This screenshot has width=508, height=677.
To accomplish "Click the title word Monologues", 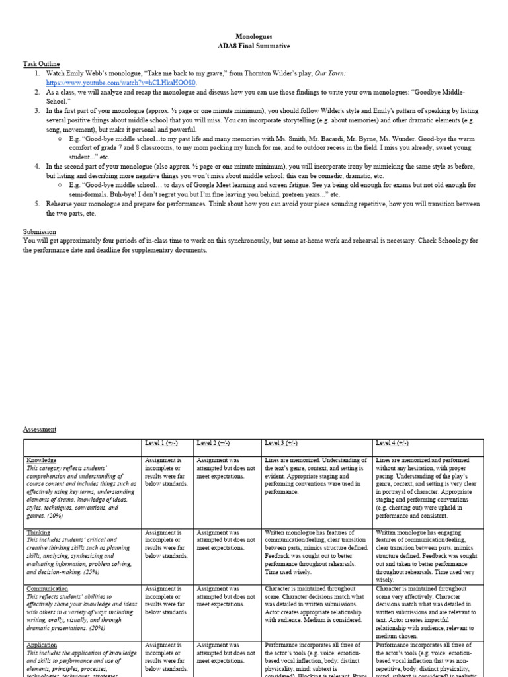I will click(x=253, y=38).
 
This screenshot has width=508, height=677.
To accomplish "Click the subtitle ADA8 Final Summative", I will click(x=253, y=47).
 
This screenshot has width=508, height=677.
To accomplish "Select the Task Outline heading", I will click(x=42, y=63).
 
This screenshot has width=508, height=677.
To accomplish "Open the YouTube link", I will click(x=121, y=83).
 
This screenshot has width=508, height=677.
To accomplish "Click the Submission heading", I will click(x=40, y=232).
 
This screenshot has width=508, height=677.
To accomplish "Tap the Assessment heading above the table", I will click(x=40, y=429).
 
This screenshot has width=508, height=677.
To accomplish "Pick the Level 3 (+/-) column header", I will click(x=282, y=443).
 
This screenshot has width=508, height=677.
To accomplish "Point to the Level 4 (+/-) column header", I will click(x=392, y=443).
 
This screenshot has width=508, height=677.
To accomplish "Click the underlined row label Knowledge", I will click(x=41, y=460).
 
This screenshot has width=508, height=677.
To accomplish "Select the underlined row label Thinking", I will click(x=39, y=532).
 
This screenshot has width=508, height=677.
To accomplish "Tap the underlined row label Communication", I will click(x=47, y=588).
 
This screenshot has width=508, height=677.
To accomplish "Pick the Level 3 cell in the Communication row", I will click(x=316, y=602).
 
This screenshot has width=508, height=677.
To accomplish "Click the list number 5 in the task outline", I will click(x=38, y=204).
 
